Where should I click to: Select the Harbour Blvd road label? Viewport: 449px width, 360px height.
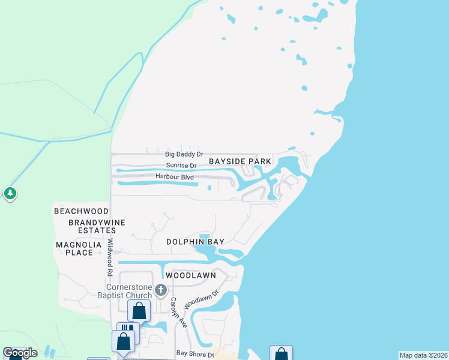(x=176, y=176)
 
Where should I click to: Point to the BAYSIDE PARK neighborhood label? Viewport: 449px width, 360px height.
(x=240, y=161)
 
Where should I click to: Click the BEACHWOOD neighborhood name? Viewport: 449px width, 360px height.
(x=81, y=211)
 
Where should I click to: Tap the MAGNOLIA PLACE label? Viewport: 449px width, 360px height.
(x=74, y=248)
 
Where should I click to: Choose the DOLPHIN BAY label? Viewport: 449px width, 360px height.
(x=195, y=242)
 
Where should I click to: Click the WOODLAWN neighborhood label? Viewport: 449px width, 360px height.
(x=190, y=275)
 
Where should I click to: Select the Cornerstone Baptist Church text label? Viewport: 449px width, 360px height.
(x=125, y=290)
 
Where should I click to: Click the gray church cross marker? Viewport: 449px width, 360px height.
(x=160, y=290)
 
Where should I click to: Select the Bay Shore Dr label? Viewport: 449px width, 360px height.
(x=194, y=354)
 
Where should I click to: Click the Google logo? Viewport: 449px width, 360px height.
(x=20, y=353)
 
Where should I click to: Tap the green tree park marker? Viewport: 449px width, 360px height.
(x=10, y=194)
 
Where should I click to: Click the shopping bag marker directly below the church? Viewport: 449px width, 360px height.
(x=139, y=311)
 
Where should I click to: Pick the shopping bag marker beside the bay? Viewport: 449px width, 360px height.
(x=280, y=354)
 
